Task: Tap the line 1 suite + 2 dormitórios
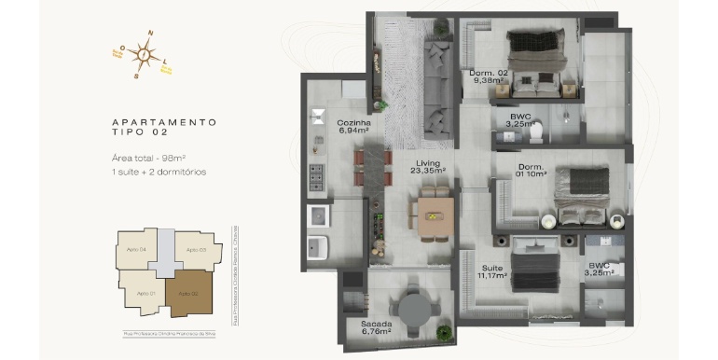pos(158,173)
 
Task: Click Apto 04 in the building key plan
pos(136,249)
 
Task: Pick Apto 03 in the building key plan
pos(196,250)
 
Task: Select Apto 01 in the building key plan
pos(145,293)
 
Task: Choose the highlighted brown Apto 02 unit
pos(191,294)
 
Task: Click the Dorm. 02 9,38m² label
pos(488,76)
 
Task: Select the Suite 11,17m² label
pos(493,271)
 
